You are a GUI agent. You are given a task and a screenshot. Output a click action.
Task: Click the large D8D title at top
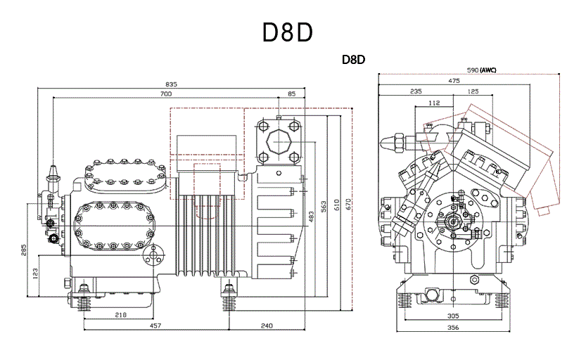(288, 32)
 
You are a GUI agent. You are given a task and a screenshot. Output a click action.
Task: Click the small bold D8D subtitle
(353, 60)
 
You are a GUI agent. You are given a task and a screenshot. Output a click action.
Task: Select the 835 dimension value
(171, 84)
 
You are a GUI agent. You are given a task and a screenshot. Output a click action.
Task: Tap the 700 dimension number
(166, 94)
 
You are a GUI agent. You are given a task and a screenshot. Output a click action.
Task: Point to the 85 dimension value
(291, 94)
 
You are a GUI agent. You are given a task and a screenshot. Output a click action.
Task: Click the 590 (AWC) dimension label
(481, 70)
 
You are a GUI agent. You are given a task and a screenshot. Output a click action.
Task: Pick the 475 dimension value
(454, 81)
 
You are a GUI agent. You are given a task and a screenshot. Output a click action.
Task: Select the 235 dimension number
(416, 91)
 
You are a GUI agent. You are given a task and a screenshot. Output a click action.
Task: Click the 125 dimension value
(473, 91)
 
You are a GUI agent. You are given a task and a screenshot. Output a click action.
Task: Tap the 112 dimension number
(434, 103)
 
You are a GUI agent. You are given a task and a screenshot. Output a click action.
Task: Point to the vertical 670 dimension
(348, 205)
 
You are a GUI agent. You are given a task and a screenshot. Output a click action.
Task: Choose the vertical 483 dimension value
(312, 217)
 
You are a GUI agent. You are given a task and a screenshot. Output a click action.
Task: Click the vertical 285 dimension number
(23, 250)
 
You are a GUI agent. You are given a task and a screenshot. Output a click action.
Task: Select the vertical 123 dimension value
(35, 274)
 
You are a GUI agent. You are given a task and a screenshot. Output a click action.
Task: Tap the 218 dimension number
(120, 315)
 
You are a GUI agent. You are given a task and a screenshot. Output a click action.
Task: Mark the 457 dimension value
(155, 326)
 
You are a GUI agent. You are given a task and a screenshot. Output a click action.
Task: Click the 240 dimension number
(267, 326)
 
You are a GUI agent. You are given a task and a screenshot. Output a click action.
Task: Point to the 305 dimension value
(453, 316)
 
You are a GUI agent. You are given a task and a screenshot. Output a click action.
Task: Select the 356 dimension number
(453, 328)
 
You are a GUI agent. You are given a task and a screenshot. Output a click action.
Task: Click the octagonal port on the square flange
(279, 142)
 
